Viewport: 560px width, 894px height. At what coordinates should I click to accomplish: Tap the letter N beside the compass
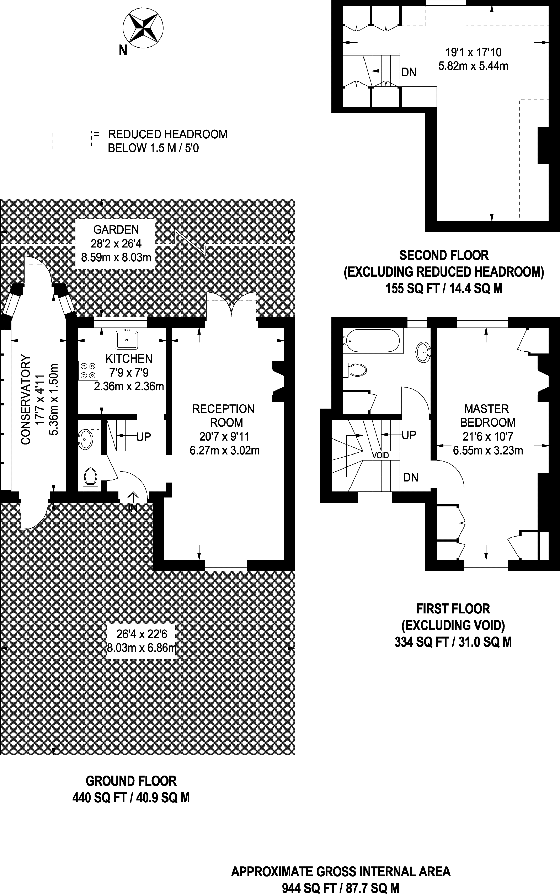point(123,50)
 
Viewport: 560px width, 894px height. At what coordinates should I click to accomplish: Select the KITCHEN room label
point(129,358)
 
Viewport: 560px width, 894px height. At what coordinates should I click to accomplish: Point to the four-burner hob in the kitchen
point(88,370)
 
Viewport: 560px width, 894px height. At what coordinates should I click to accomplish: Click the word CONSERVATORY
point(25,400)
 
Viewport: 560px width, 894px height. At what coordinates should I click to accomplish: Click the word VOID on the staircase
point(380,455)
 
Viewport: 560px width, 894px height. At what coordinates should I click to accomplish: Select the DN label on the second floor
point(409,72)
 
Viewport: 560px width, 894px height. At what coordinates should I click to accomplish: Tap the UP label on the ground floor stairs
point(144,437)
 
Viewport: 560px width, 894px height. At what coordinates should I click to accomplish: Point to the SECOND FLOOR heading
point(444,255)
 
